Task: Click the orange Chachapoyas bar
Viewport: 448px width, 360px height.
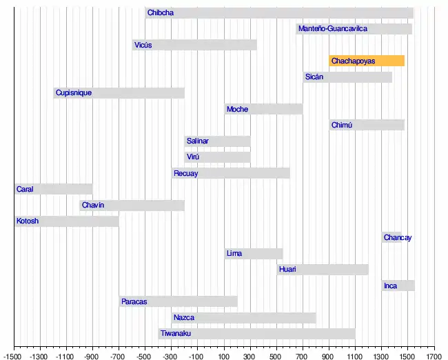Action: (367, 61)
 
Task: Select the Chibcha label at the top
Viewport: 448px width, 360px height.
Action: (161, 13)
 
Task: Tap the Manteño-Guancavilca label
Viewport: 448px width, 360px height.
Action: (333, 29)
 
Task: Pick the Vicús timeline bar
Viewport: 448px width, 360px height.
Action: (194, 46)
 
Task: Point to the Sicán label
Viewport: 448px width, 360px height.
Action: (314, 77)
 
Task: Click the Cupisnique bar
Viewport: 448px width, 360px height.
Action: (119, 93)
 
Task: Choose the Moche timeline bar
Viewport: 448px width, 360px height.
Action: (263, 109)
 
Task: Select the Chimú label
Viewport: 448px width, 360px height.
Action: (342, 126)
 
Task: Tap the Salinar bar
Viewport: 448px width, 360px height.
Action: (217, 141)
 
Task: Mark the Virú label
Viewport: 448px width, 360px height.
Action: (194, 157)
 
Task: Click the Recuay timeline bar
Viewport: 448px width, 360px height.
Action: (231, 173)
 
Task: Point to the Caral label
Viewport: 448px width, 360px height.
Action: (25, 189)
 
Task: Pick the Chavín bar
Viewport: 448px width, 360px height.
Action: (132, 206)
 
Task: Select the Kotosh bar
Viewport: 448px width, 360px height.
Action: (67, 221)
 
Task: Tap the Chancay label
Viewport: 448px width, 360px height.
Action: (398, 238)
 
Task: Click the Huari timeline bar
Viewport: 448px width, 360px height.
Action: (323, 270)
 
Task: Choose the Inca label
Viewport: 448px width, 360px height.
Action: (391, 286)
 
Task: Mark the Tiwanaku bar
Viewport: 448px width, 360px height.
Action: (256, 334)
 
